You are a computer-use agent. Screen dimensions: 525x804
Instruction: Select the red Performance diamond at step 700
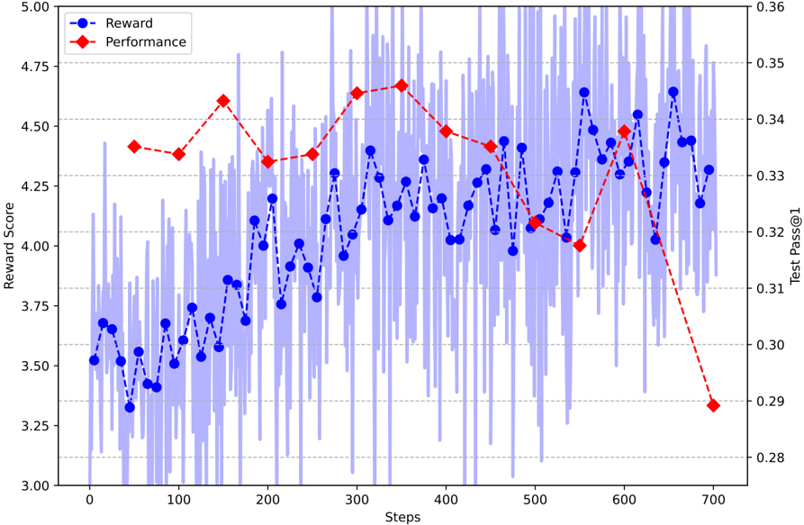pyautogui.click(x=714, y=405)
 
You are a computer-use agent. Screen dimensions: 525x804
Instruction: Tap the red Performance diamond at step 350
pyautogui.click(x=402, y=86)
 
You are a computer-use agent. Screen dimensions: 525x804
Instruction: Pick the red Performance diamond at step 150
pyautogui.click(x=223, y=101)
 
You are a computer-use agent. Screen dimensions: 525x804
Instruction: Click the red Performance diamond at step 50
pyautogui.click(x=134, y=146)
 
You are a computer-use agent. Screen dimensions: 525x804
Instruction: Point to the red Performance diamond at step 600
pyautogui.click(x=625, y=131)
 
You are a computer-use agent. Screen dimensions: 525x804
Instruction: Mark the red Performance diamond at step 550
pyautogui.click(x=580, y=245)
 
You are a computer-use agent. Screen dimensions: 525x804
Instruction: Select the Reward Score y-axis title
pyautogui.click(x=10, y=245)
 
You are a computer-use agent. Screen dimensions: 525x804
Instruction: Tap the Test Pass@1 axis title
pyautogui.click(x=795, y=245)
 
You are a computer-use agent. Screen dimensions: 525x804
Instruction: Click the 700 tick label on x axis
pyautogui.click(x=714, y=499)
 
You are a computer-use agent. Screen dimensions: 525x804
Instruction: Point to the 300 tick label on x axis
pyautogui.click(x=357, y=499)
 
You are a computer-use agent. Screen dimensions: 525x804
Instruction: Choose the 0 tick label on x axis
pyautogui.click(x=89, y=499)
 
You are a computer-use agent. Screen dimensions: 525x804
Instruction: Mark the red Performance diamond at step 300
pyautogui.click(x=357, y=93)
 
